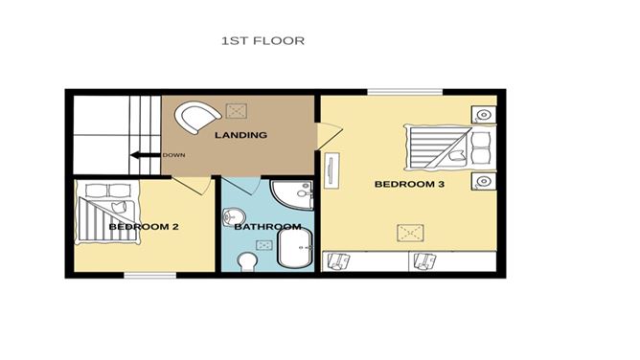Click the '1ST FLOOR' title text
point(263,41)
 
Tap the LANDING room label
point(240,135)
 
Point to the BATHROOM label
point(267,227)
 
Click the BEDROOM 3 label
point(409,183)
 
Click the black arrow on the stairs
point(145,155)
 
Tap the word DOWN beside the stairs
point(173,156)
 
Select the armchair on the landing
point(197,118)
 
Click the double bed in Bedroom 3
point(448,146)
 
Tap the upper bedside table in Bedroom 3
point(485,115)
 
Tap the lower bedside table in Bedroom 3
point(485,180)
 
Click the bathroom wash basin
point(233,216)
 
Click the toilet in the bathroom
point(247,261)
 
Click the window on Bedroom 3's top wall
point(404,93)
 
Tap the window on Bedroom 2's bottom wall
point(147,276)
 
